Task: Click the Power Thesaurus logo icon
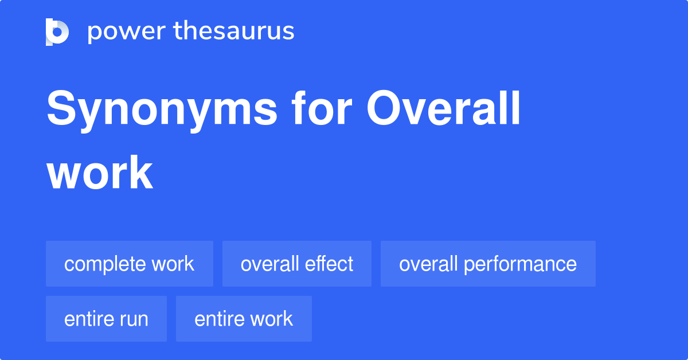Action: tap(57, 32)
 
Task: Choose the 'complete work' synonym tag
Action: tap(130, 264)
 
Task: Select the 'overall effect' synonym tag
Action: tap(297, 264)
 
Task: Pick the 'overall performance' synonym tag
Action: tap(488, 264)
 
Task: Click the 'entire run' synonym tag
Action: tap(106, 319)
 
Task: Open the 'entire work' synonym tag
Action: tap(244, 319)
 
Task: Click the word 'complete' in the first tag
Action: tap(105, 264)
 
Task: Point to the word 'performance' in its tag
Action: tap(520, 264)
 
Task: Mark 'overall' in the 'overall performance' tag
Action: tap(428, 264)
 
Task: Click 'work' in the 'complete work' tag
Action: tap(173, 264)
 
